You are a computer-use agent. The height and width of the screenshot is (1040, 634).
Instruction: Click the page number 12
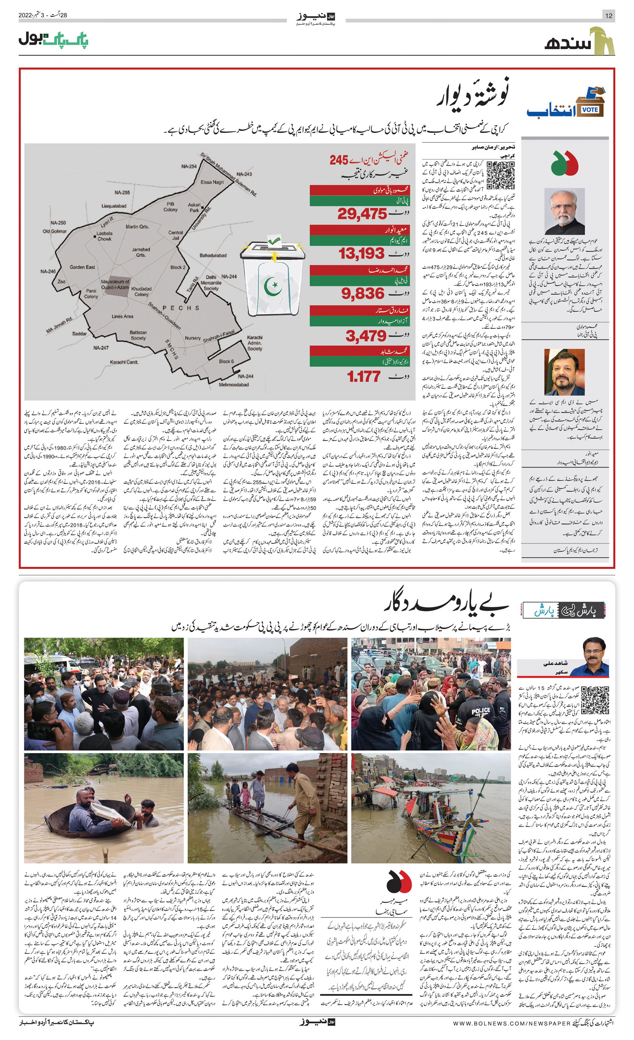point(609,15)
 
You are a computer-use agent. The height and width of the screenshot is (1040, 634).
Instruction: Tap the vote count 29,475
point(362,214)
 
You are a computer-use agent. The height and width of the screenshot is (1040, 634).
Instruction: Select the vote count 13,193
point(362,254)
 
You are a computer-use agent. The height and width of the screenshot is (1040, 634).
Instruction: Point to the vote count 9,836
point(363,293)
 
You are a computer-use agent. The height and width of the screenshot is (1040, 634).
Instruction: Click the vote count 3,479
point(366,336)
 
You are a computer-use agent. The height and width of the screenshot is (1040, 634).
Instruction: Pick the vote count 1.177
point(364,376)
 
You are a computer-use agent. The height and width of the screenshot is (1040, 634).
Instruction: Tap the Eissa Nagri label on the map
point(212,182)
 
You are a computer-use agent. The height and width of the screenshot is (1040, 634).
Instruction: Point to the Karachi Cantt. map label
point(124,362)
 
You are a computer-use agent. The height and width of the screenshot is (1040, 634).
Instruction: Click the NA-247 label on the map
point(101,348)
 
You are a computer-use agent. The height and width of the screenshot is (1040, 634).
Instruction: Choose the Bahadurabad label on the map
point(213,255)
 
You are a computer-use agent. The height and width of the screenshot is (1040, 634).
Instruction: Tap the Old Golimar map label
point(54,231)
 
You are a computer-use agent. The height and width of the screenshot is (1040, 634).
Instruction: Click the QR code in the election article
point(500,175)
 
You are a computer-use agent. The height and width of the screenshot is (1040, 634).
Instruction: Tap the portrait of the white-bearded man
point(564,211)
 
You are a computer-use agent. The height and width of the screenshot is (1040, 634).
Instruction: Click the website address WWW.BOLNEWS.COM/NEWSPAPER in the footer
point(512,1031)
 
